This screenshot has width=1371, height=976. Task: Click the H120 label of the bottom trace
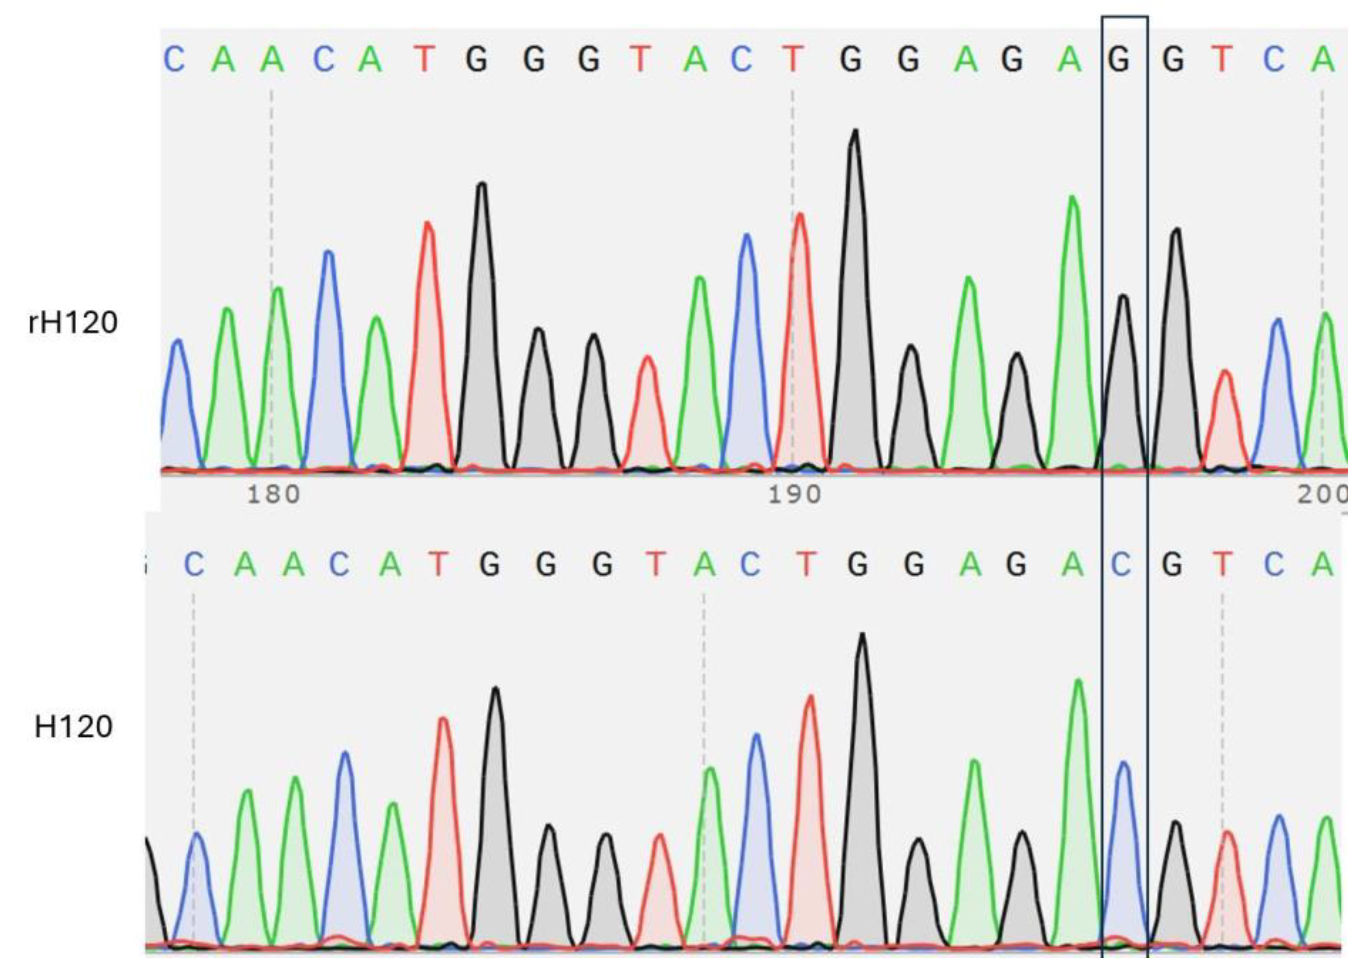click(73, 728)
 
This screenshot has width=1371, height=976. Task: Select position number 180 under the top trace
click(274, 495)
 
